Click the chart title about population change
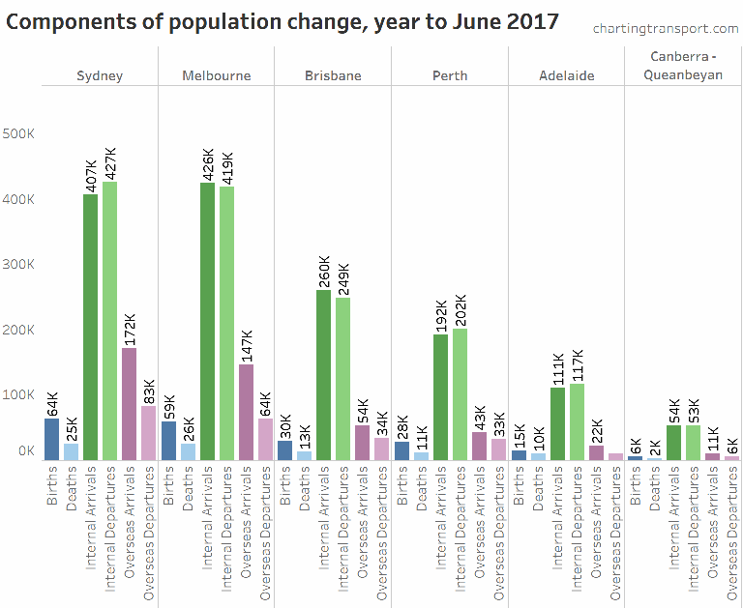tap(283, 21)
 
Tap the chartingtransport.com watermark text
tap(665, 29)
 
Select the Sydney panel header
tap(100, 75)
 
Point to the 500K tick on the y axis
tap(19, 133)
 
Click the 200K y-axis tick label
tap(19, 330)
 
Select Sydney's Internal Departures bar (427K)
tap(109, 320)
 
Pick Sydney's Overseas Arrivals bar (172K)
tap(129, 403)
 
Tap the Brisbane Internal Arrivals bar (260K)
tap(323, 374)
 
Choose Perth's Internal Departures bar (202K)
tap(460, 393)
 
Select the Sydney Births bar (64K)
tap(51, 439)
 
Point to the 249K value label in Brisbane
tap(343, 275)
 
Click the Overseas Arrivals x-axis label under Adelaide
tap(596, 521)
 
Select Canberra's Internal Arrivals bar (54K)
tap(674, 442)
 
